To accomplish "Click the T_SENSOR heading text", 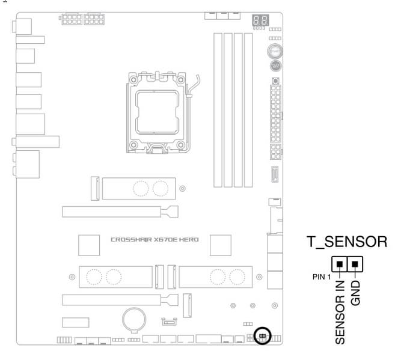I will click(346, 242).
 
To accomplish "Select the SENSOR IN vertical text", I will click(341, 313).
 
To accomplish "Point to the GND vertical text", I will click(356, 294).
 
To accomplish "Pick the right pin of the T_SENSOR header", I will click(355, 264).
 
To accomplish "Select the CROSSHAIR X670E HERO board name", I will click(155, 239).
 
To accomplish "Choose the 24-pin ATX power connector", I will click(276, 112).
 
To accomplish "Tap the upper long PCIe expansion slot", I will click(120, 212).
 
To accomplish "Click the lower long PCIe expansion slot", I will click(120, 299).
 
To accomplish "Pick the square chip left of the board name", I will click(90, 242).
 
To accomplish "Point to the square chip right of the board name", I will click(221, 243).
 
